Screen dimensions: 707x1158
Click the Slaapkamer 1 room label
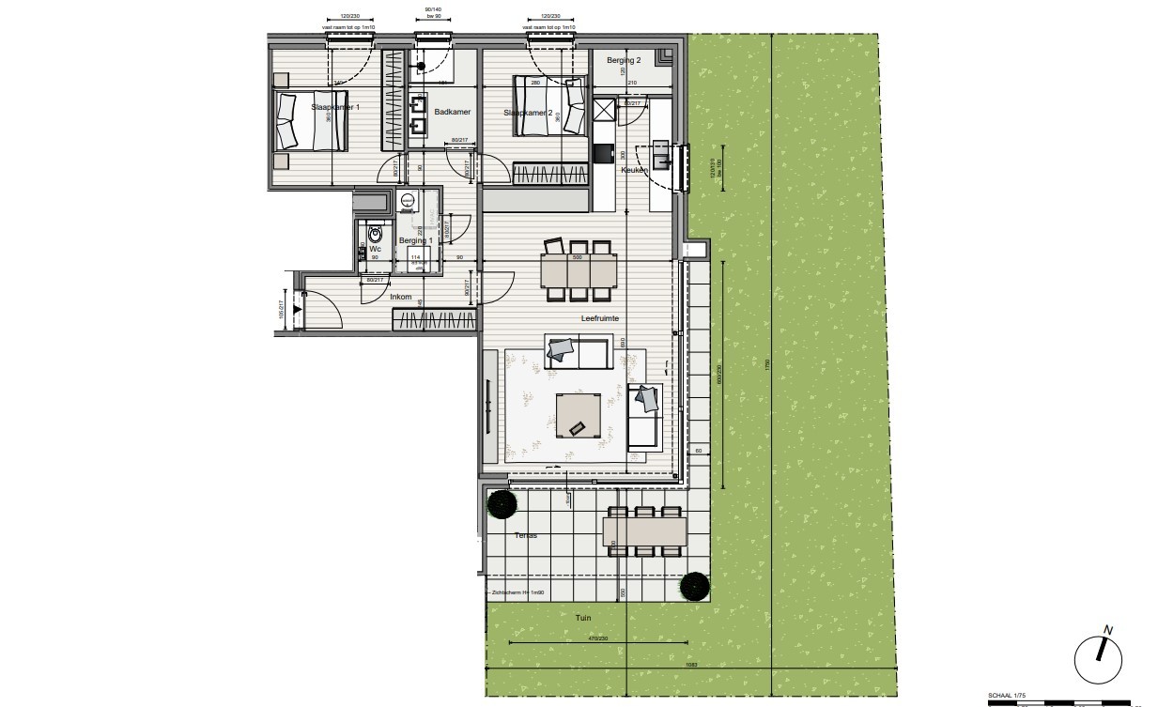point(335,108)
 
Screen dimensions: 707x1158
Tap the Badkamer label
point(452,113)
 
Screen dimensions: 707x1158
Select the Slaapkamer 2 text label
point(528,113)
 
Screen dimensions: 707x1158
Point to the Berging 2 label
point(624,61)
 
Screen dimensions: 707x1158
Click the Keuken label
point(633,171)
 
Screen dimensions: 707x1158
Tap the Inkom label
point(401,298)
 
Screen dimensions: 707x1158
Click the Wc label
point(374,249)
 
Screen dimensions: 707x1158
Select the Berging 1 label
point(415,240)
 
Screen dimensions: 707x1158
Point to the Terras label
point(525,535)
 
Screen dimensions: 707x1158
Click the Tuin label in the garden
point(584,618)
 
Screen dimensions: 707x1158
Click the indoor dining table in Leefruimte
point(577,271)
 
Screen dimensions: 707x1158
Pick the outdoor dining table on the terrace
point(645,532)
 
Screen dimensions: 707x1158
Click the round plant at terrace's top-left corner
point(502,505)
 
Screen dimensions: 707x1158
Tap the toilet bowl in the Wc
point(376,234)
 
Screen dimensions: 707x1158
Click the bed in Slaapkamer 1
point(311,121)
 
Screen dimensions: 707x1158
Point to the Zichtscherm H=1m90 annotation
point(518,593)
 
